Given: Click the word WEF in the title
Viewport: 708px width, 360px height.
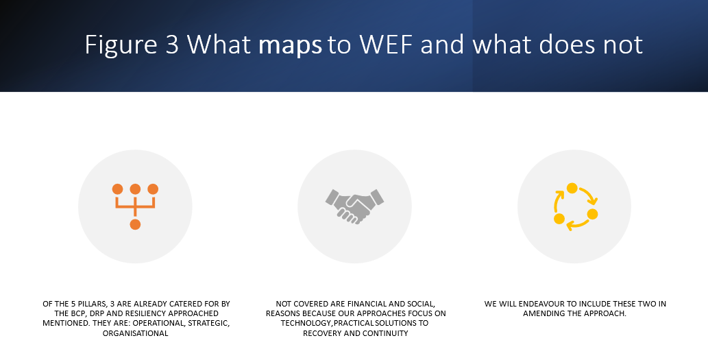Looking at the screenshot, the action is (x=387, y=45).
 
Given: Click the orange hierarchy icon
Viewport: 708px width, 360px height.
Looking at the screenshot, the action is (x=135, y=206).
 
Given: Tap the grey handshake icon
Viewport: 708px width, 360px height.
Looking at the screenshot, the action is (x=354, y=206).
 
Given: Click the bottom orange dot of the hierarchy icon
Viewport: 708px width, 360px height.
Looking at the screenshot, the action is (x=135, y=224).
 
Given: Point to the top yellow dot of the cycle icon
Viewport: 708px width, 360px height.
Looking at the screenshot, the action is (x=572, y=188).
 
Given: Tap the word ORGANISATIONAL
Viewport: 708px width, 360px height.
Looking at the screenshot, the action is (x=136, y=333).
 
